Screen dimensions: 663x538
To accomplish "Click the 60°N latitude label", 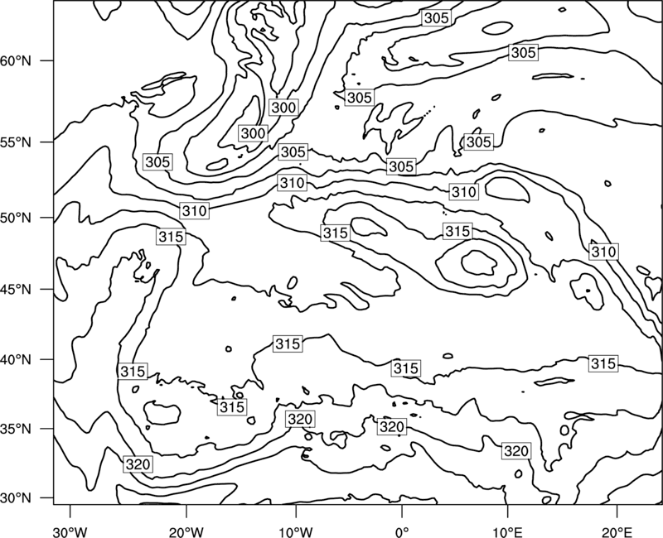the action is [x=16, y=60].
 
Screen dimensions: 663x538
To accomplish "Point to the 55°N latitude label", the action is [x=16, y=142].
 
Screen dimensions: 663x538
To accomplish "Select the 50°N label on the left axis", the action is [x=16, y=218].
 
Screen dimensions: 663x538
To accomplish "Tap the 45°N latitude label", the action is [x=16, y=289].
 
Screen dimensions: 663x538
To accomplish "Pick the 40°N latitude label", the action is [x=16, y=359].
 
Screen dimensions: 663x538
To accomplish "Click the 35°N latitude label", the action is [x=16, y=429].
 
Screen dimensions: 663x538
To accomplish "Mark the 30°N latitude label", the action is [x=16, y=498].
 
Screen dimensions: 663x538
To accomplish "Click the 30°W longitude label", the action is [x=70, y=531].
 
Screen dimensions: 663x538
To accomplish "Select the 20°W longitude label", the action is [x=186, y=531].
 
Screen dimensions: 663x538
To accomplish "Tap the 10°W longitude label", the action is [x=296, y=531].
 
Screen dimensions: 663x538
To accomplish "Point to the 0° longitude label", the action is [x=401, y=531].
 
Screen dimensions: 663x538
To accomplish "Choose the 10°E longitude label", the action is [x=507, y=531].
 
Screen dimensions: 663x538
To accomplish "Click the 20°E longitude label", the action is [x=617, y=531].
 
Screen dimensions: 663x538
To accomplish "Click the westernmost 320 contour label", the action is [x=138, y=464].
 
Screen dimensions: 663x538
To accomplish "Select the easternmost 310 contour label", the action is [x=604, y=252].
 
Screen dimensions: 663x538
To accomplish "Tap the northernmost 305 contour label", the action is [x=436, y=17].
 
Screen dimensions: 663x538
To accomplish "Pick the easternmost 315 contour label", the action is [x=603, y=363].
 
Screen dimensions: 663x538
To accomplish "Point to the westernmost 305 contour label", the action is [x=157, y=161].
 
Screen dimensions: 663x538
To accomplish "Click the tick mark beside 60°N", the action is [x=47, y=60].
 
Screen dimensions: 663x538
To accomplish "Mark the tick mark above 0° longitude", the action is [x=401, y=511].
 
